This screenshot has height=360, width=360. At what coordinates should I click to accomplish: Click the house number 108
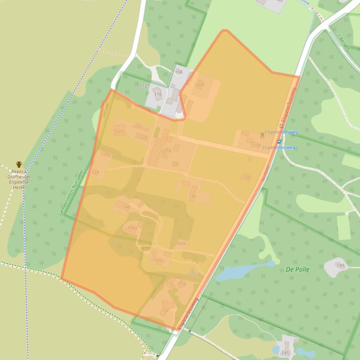coord(179,72)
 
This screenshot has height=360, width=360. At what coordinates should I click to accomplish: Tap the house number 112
coord(144,86)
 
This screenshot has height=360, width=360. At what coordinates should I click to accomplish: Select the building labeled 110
coord(158,94)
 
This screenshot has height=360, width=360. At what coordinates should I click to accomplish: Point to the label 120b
coord(200,85)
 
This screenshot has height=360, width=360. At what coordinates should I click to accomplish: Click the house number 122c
coord(137,126)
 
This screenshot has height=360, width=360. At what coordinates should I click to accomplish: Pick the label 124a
coord(106,154)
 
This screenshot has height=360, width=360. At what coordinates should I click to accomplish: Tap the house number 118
coord(257,145)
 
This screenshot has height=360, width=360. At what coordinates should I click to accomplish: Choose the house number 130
coord(247,178)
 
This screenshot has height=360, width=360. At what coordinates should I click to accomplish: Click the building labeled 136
coord(192,196)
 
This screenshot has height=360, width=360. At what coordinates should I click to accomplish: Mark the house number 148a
coord(132,228)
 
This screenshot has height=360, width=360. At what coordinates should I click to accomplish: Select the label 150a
coord(180,244)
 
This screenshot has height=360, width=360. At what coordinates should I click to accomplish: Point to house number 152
coord(183,284)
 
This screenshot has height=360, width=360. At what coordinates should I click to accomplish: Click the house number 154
coord(165,310)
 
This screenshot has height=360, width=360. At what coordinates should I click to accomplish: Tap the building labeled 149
coord(340,266)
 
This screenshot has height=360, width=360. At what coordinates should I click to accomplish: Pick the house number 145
coord(286,353)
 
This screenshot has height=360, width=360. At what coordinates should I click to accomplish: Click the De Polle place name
coord(298,269)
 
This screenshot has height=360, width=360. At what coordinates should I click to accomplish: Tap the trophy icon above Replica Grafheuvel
coord(19,165)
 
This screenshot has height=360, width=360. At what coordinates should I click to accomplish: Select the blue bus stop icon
coord(279,141)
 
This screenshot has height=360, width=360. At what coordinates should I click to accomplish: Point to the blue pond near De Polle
coord(241,272)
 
